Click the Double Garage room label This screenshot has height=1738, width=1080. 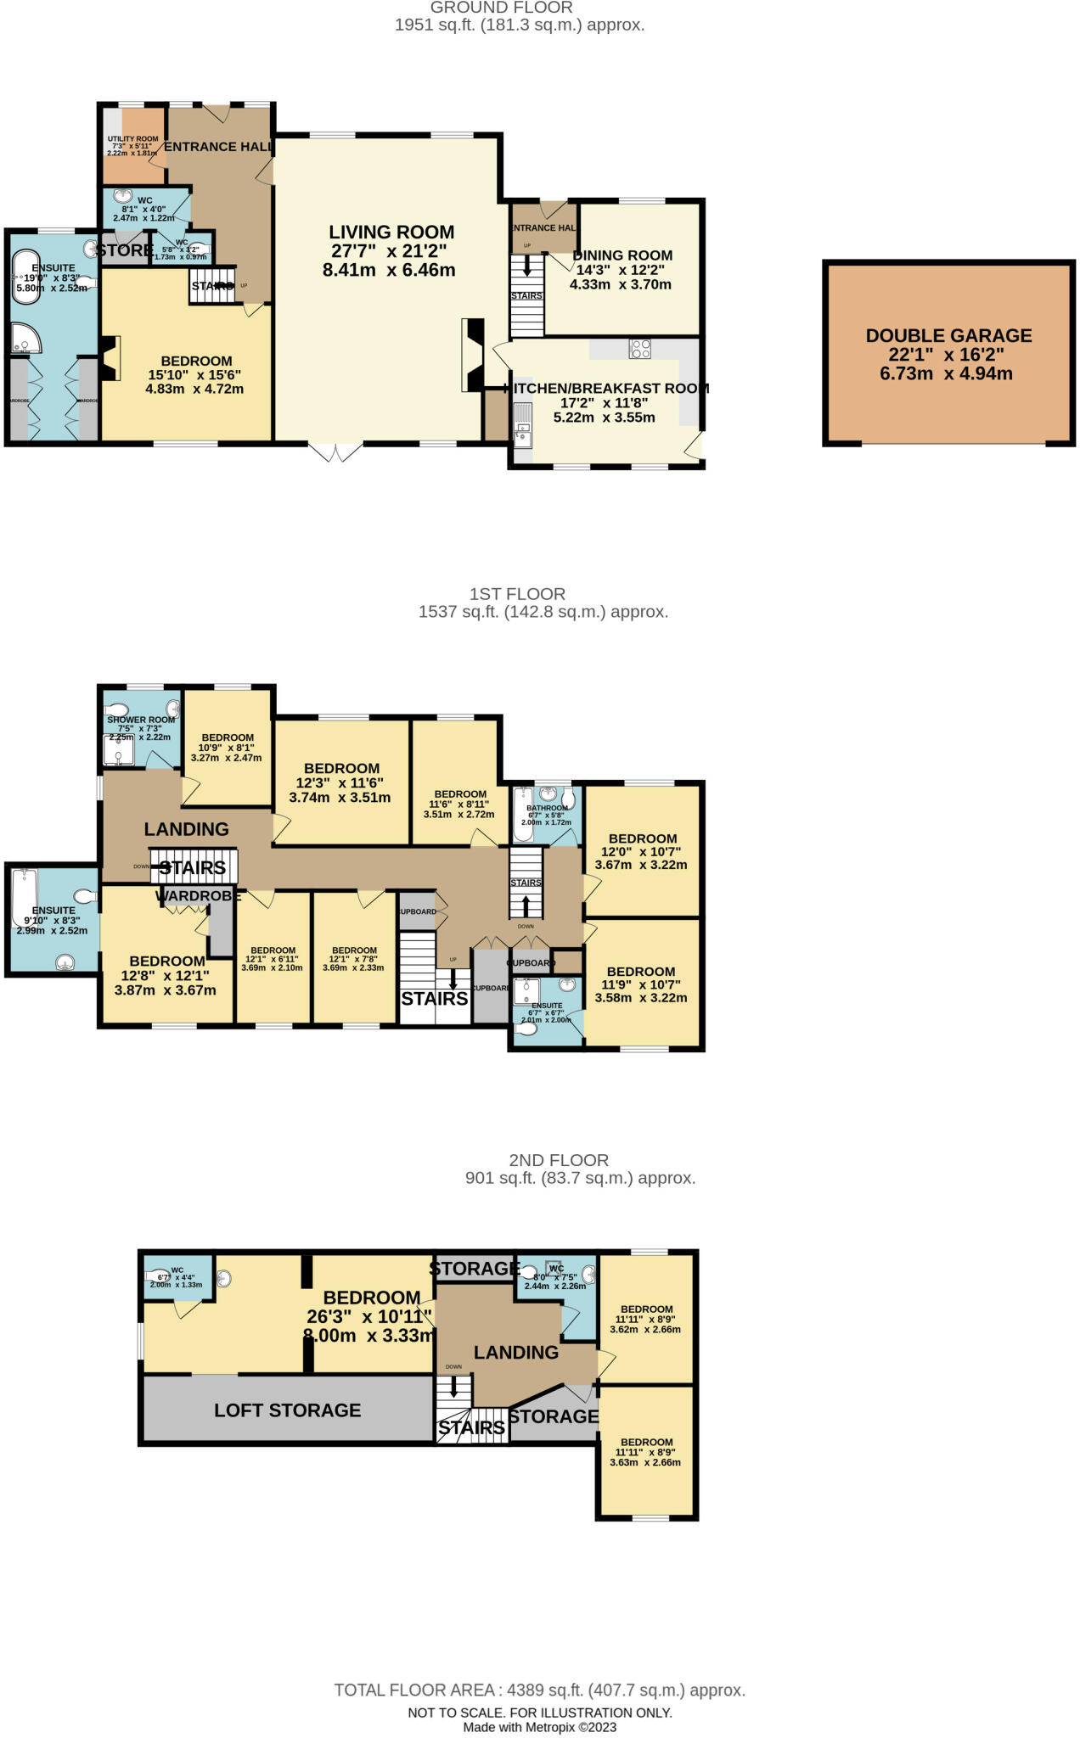click(x=948, y=335)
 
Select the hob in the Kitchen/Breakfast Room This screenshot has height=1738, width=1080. click(x=639, y=348)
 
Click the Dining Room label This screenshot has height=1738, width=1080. click(x=622, y=255)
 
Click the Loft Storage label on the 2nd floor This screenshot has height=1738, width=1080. click(x=287, y=1410)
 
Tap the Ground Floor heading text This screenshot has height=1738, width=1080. click(x=501, y=8)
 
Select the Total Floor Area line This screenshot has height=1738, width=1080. click(x=539, y=1690)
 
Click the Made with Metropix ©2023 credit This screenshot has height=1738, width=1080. click(x=539, y=1727)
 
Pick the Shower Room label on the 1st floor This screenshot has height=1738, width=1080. click(x=141, y=720)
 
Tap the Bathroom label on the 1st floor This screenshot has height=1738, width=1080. click(x=547, y=809)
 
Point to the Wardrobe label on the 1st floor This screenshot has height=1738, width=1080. click(x=198, y=896)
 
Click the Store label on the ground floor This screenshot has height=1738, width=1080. click(x=124, y=251)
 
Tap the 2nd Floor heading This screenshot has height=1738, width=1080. click(x=559, y=1160)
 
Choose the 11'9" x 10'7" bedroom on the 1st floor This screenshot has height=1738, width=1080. click(x=640, y=972)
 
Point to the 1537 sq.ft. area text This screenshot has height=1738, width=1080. click(x=543, y=612)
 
